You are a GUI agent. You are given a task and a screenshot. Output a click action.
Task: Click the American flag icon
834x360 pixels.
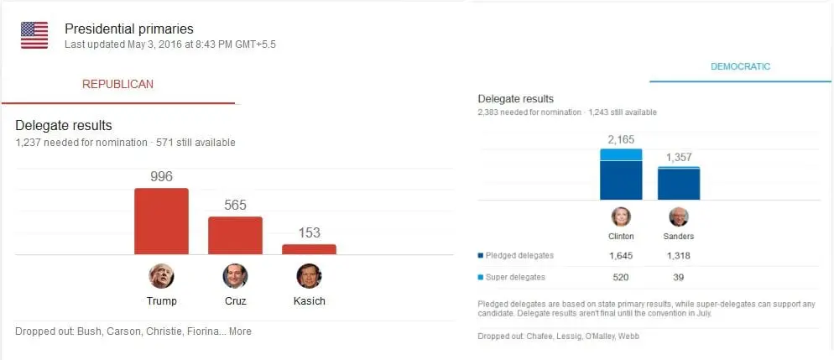tap(34, 35)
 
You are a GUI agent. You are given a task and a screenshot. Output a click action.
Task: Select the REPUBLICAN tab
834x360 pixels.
tap(117, 84)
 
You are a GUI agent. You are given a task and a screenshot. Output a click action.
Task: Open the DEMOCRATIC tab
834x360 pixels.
tap(740, 66)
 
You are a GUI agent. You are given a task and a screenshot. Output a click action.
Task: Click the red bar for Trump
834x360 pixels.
tap(161, 221)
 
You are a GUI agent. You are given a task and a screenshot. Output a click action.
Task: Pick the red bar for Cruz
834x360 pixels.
tap(235, 235)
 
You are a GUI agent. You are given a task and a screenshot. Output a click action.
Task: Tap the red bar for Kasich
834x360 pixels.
tap(309, 249)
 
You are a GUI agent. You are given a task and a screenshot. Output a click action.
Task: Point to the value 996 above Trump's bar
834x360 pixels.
tap(161, 176)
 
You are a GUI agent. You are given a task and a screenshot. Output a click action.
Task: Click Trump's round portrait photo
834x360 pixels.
tap(161, 276)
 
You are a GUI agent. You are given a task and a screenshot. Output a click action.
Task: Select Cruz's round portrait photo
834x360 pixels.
tap(235, 276)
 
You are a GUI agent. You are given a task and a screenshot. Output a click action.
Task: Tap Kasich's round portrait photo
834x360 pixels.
tap(309, 276)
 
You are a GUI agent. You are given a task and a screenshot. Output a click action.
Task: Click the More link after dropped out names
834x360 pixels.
tap(240, 331)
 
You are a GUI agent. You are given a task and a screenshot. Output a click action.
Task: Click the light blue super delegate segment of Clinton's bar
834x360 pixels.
tap(621, 154)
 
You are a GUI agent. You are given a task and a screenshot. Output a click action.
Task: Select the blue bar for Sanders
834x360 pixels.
tap(678, 184)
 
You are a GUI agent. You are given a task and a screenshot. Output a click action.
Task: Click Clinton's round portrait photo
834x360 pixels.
tap(621, 217)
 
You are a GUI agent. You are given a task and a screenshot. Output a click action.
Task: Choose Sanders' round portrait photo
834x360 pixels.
tap(678, 217)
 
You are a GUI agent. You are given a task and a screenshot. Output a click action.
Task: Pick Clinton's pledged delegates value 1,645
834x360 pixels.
tap(621, 256)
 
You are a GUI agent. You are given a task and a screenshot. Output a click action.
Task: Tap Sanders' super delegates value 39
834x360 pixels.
tap(678, 277)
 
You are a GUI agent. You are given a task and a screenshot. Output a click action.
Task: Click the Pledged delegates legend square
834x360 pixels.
tap(480, 256)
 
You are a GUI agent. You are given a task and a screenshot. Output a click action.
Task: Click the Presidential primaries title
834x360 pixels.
tap(128, 29)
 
